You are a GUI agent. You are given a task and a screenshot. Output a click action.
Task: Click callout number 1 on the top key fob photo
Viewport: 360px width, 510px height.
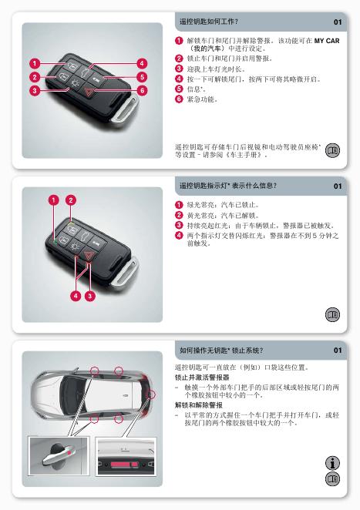[x=35, y=63]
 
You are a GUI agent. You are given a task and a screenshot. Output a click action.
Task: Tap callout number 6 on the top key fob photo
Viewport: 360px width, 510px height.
[x=143, y=91]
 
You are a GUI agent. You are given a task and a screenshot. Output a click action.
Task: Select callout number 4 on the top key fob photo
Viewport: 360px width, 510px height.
[x=142, y=63]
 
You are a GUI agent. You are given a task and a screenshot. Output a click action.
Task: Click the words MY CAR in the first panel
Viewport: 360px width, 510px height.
[x=327, y=41]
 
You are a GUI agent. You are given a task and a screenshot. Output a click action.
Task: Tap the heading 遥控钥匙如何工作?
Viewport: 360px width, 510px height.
[x=209, y=22]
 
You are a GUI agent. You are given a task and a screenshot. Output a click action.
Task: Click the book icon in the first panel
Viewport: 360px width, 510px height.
[x=332, y=150]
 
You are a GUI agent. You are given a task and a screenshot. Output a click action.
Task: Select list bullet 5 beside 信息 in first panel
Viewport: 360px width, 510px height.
[x=179, y=89]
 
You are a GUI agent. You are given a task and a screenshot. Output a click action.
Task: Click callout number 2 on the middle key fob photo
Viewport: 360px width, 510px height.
[x=71, y=200]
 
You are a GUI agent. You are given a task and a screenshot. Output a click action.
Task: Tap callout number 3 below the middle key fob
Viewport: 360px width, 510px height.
[x=90, y=296]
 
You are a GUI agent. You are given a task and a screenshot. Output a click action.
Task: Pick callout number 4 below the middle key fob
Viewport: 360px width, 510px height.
[x=76, y=296]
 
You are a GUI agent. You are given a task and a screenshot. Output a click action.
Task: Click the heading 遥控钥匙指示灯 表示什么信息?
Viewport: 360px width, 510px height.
[x=228, y=186]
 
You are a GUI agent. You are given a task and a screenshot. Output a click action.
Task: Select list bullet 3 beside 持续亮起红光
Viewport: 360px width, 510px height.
[x=179, y=225]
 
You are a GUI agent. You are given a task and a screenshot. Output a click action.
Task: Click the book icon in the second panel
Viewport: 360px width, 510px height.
[x=332, y=314]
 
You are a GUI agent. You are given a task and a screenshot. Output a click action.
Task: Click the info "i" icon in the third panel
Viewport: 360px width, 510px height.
[x=332, y=463]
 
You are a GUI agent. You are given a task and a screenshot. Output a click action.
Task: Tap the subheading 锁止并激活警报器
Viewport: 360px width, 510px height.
[x=202, y=377]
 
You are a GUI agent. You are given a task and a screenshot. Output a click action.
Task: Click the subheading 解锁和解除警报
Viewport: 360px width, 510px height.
[x=199, y=405]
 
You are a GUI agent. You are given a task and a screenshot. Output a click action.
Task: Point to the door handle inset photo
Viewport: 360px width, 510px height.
[x=59, y=456]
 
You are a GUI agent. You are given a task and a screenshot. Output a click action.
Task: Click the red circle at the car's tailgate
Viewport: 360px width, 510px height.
[x=151, y=394]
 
